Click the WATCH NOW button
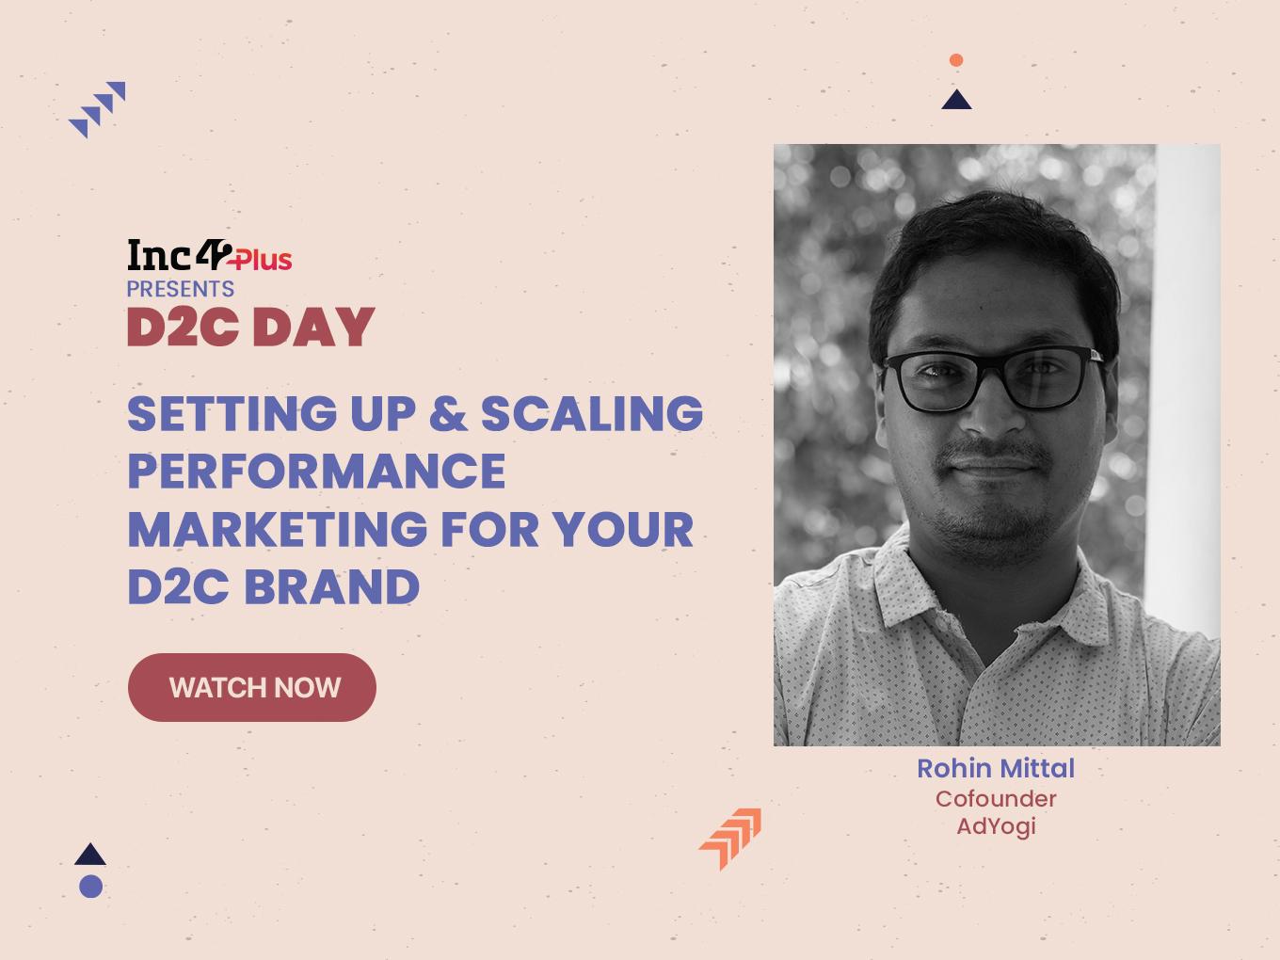tap(252, 687)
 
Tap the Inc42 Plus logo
tap(210, 255)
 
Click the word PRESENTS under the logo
tap(180, 289)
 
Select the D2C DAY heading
tap(250, 327)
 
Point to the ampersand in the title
tap(448, 413)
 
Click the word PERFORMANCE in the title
tap(316, 471)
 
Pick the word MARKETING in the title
tap(278, 529)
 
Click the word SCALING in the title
tap(592, 413)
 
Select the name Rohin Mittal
tap(996, 768)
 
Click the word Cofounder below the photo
tap(996, 799)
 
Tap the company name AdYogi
tap(996, 826)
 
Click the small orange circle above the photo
tap(956, 60)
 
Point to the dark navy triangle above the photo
tap(956, 102)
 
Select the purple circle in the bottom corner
tap(91, 887)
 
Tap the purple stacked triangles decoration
tap(97, 109)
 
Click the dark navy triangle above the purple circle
tap(90, 854)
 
